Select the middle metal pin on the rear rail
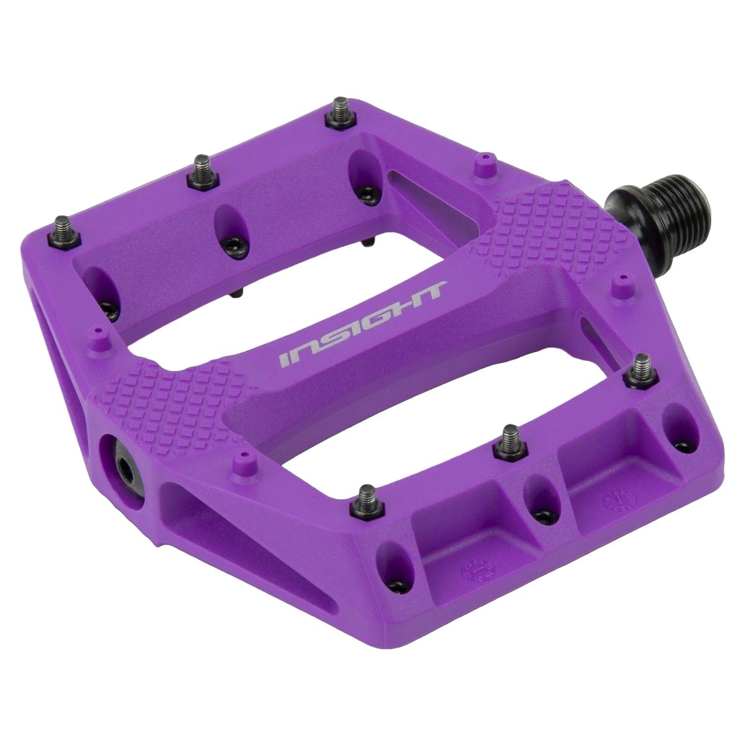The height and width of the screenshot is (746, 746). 202,171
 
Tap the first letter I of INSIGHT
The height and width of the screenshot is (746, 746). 284,359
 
